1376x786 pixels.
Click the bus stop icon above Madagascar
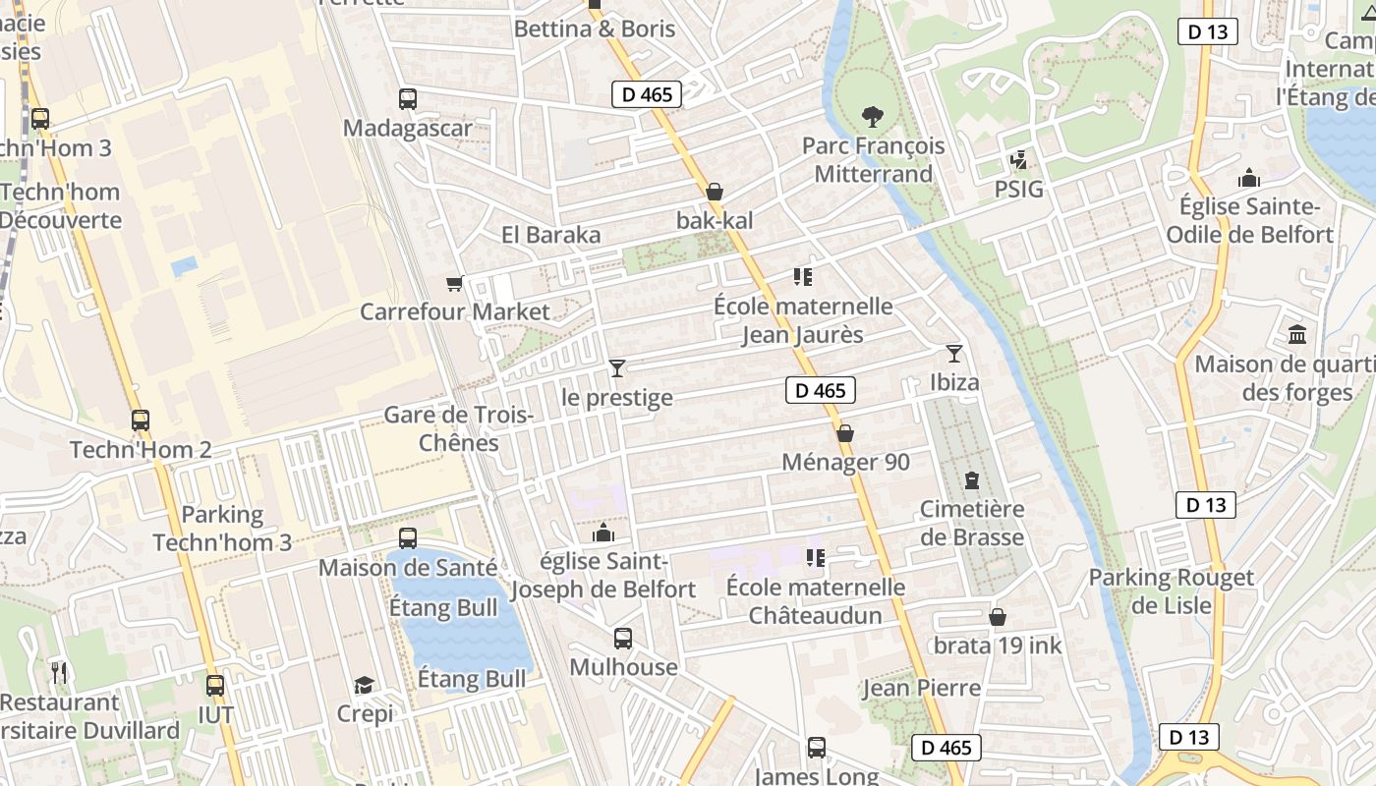[408, 98]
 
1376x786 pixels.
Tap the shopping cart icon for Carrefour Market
[454, 283]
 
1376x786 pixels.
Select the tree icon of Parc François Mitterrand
[872, 117]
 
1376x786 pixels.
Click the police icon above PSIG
[1018, 159]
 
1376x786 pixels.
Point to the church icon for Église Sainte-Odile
[1249, 178]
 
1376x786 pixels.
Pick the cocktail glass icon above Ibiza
[953, 354]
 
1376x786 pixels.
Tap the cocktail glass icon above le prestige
[617, 368]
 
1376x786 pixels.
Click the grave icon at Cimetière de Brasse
[972, 480]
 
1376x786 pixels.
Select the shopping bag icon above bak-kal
[715, 192]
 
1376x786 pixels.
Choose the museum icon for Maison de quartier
[1297, 335]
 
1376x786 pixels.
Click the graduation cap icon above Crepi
[365, 685]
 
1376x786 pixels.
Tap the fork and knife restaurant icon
[59, 673]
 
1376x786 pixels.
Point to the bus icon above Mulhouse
[623, 639]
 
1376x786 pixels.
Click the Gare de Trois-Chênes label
[458, 428]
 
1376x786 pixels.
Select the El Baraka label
[550, 235]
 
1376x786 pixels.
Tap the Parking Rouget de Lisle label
[1171, 591]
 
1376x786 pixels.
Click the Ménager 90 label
[845, 462]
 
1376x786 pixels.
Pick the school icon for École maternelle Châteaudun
[815, 558]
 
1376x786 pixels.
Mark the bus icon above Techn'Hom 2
[141, 421]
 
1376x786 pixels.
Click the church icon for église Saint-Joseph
[603, 533]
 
